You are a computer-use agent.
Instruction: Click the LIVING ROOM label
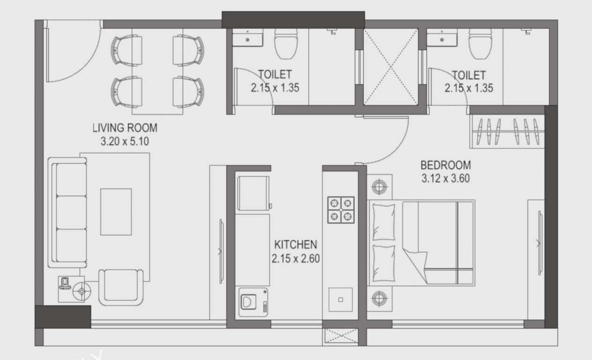(125, 127)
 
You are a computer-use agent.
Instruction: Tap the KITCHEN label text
(295, 244)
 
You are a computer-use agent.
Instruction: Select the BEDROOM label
(445, 165)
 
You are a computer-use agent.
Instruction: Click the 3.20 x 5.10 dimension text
(125, 141)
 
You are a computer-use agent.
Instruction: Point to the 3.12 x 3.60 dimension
(445, 179)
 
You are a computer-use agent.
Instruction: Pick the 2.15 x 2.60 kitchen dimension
(295, 258)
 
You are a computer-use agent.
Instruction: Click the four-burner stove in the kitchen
(340, 209)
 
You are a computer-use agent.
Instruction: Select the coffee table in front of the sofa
(116, 211)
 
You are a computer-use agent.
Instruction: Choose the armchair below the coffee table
(120, 287)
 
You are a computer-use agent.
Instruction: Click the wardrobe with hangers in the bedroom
(507, 131)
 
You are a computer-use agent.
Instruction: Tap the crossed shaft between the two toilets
(390, 67)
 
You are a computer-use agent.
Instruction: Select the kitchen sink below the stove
(340, 299)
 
